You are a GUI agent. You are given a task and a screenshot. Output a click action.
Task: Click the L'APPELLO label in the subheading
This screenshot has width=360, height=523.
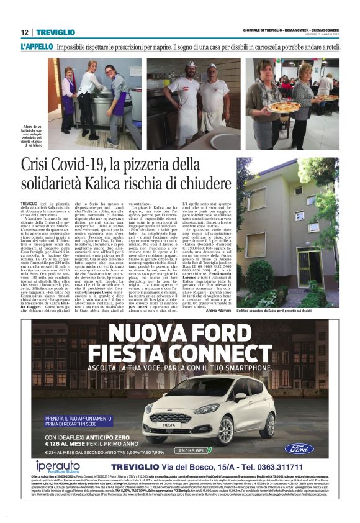point(35,47)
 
